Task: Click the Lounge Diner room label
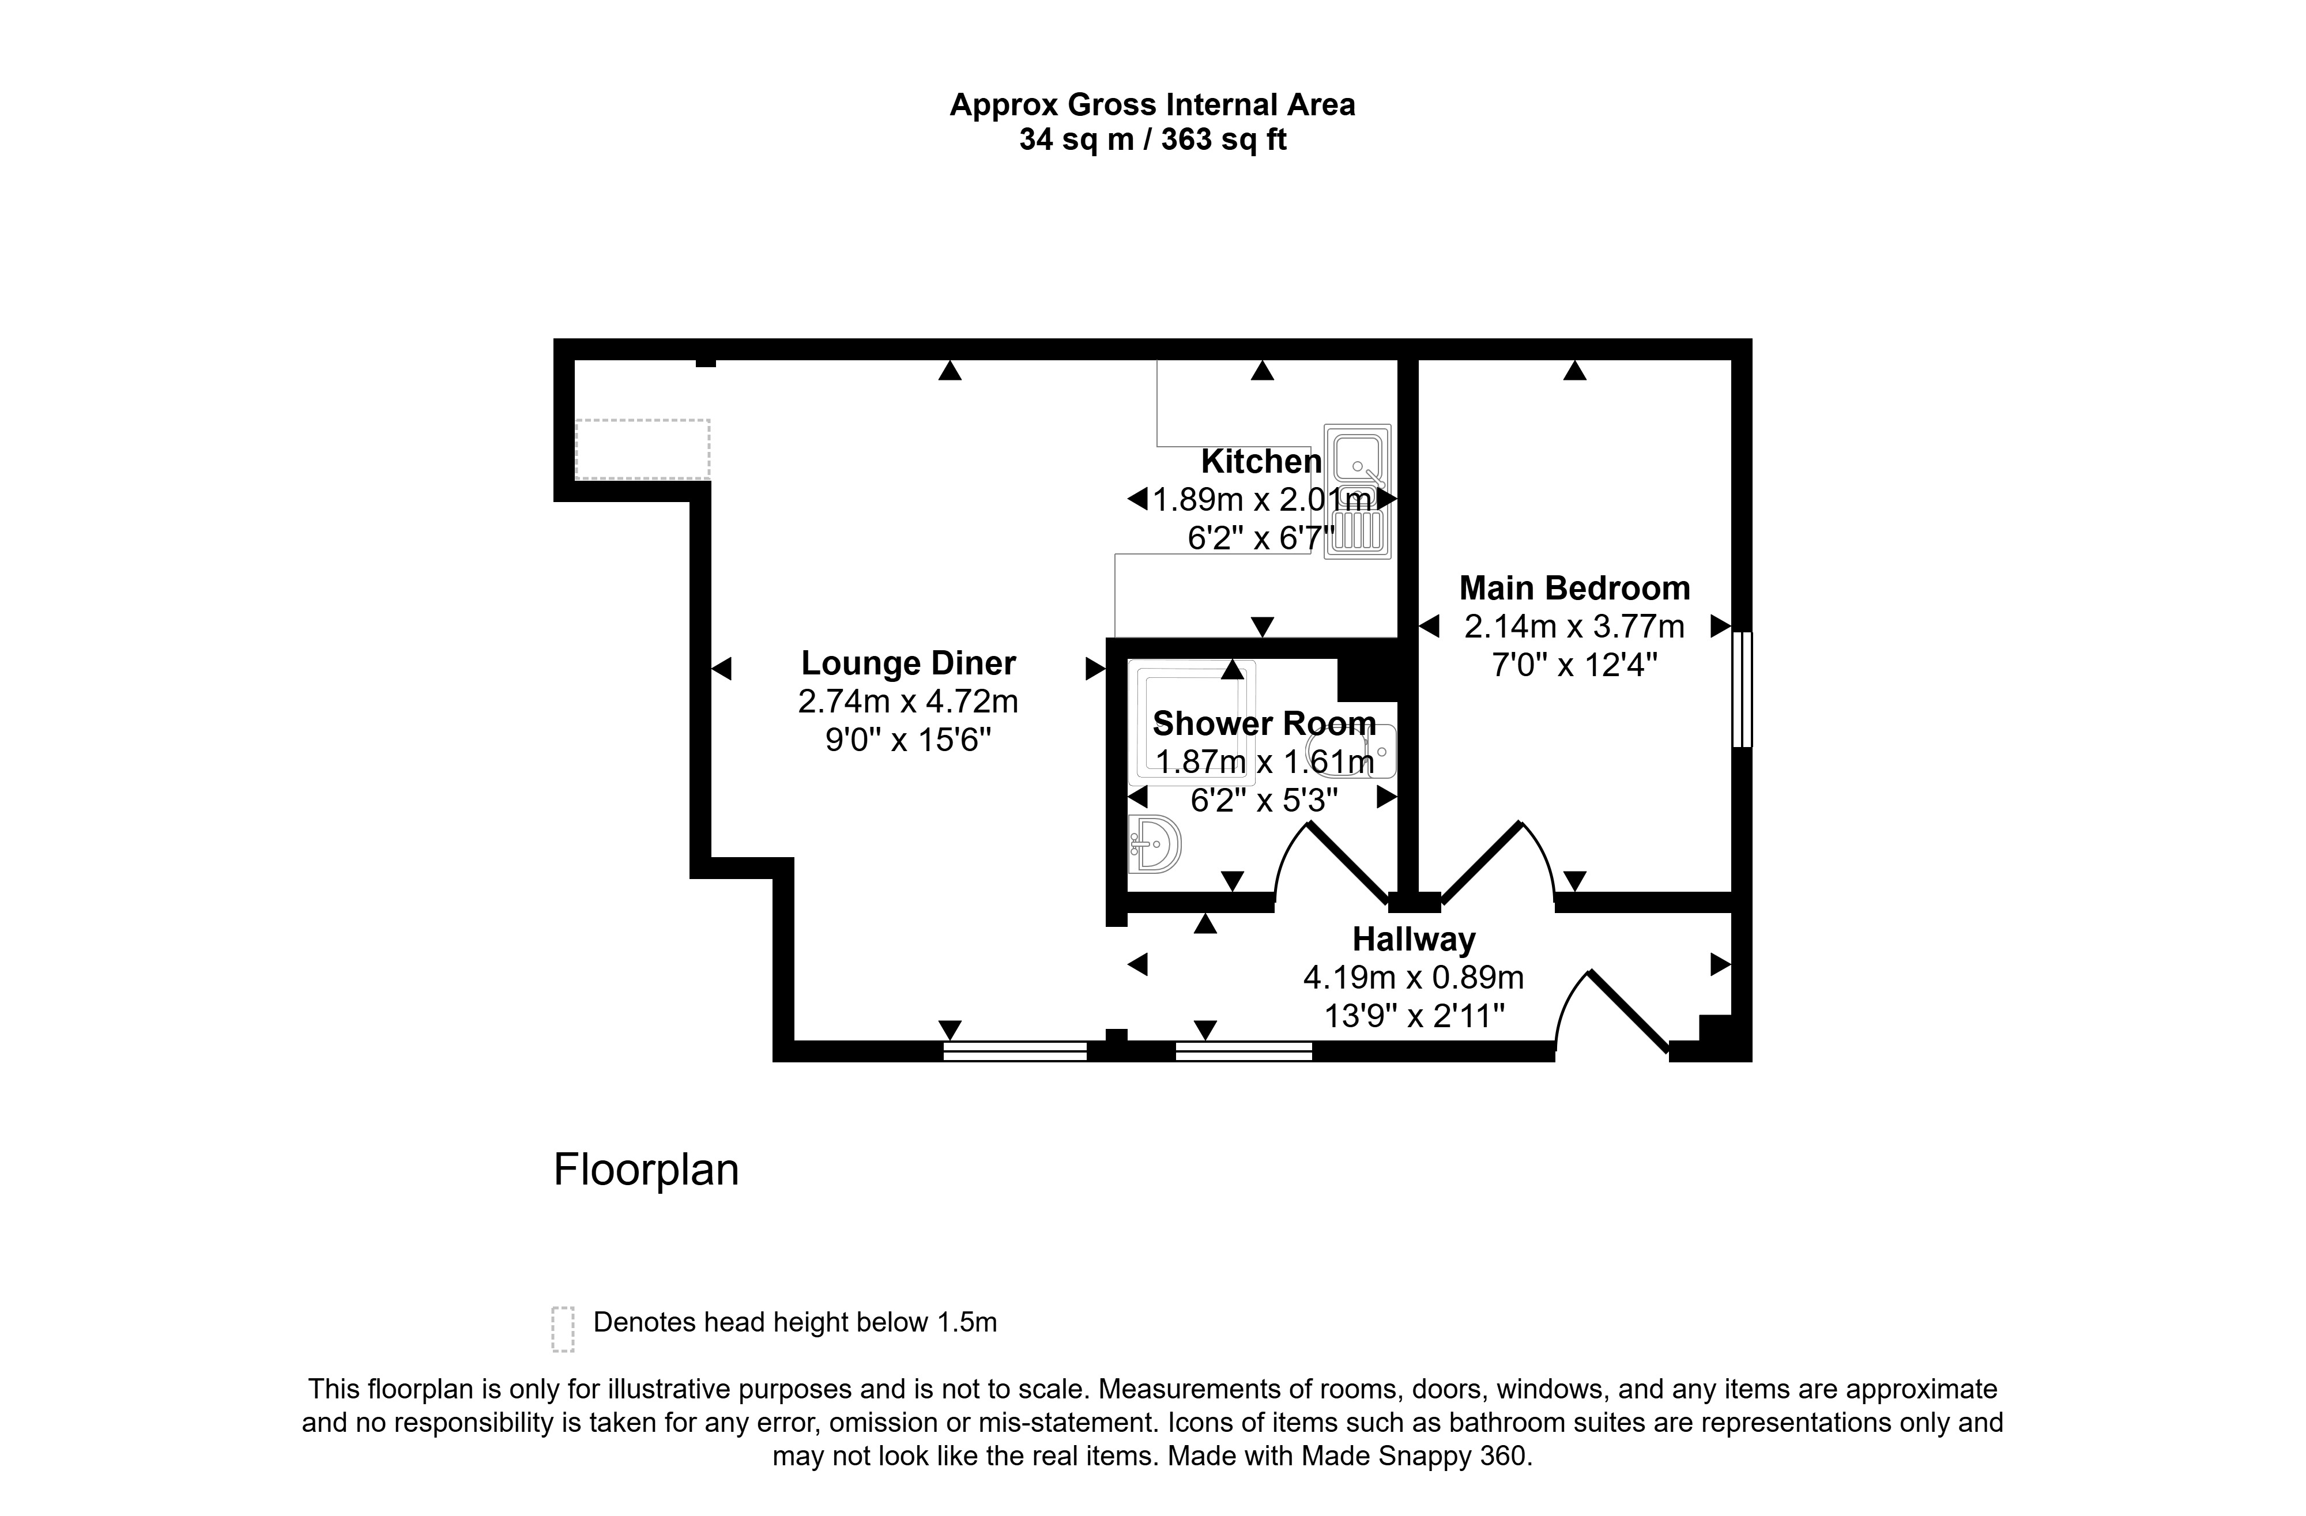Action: pos(908,663)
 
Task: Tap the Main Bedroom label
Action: pos(1574,588)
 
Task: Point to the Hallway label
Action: pos(1414,940)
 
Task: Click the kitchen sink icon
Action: pos(1358,492)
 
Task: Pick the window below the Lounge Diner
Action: pos(1015,1051)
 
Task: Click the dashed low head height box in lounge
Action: pos(642,450)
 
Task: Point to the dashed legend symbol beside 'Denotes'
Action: pos(563,1329)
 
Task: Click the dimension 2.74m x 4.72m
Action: pos(908,702)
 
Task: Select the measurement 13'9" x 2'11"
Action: pos(1414,1016)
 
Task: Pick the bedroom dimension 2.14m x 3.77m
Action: pos(1574,627)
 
